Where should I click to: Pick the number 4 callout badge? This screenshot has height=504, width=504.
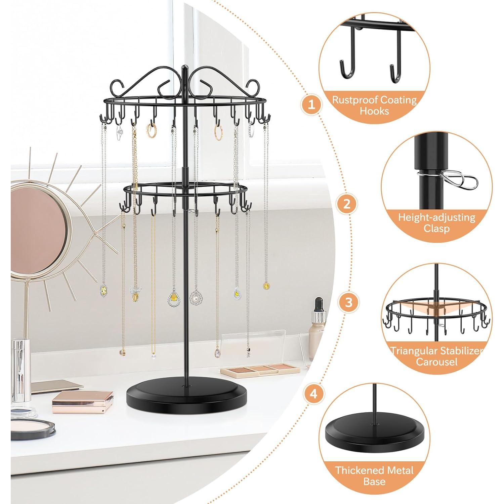[313, 393]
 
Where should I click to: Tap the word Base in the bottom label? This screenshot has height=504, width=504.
[374, 481]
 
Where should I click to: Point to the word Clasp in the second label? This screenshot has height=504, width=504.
[437, 229]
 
